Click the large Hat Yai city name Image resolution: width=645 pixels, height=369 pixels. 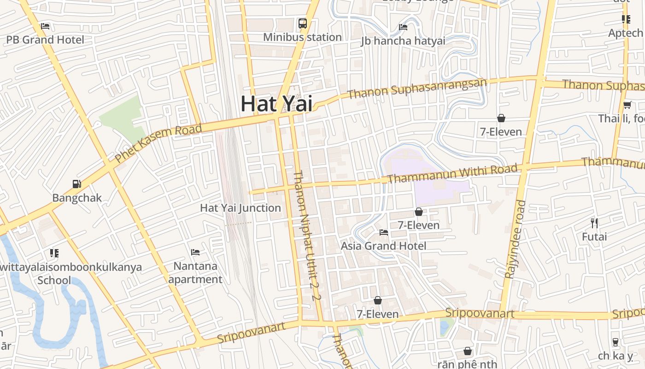tap(276, 104)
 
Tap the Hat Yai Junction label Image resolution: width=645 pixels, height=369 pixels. tap(240, 208)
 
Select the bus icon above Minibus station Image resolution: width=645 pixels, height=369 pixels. tap(303, 24)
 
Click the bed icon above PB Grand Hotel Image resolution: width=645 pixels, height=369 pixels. tap(45, 26)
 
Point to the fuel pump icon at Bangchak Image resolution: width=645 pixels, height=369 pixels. tap(77, 184)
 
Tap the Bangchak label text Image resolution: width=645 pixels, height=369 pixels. tap(77, 198)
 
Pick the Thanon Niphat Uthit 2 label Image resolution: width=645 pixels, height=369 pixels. tap(306, 235)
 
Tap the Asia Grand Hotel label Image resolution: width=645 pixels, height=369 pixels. tap(383, 246)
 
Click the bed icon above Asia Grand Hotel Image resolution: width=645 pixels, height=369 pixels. tap(383, 232)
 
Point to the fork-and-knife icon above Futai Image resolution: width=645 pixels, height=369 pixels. tap(594, 223)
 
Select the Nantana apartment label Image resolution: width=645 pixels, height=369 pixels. tap(195, 273)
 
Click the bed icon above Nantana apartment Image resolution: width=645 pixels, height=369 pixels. tap(195, 252)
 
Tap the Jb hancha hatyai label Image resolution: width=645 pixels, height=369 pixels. tap(403, 41)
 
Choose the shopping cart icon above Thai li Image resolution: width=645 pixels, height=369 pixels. tap(627, 105)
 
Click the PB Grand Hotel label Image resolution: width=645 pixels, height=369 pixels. tap(45, 40)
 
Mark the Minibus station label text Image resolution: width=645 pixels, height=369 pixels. tap(302, 37)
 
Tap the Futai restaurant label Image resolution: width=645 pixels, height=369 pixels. tap(594, 237)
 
